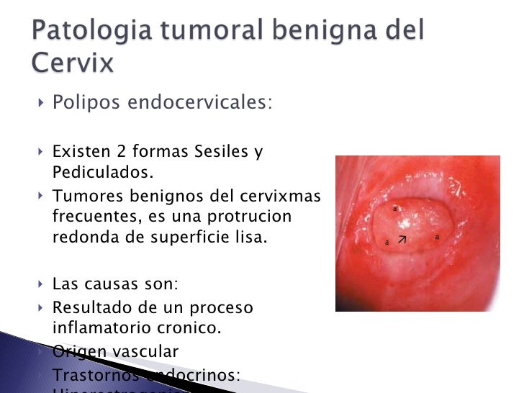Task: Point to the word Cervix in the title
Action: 72,63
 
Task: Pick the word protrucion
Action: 244,217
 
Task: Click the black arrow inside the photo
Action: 402,238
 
